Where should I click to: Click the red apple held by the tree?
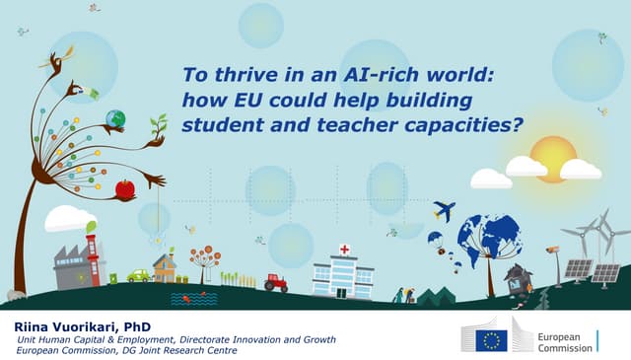pos(125,188)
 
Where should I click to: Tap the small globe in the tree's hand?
pos(115,119)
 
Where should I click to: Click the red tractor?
pos(276,282)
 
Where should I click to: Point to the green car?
pos(138,275)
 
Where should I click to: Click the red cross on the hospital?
pos(344,251)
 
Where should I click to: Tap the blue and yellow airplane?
pos(445,210)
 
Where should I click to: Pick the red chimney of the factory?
pos(93,258)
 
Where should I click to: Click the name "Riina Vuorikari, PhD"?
pos(70,325)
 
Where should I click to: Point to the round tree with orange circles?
pos(205,258)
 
